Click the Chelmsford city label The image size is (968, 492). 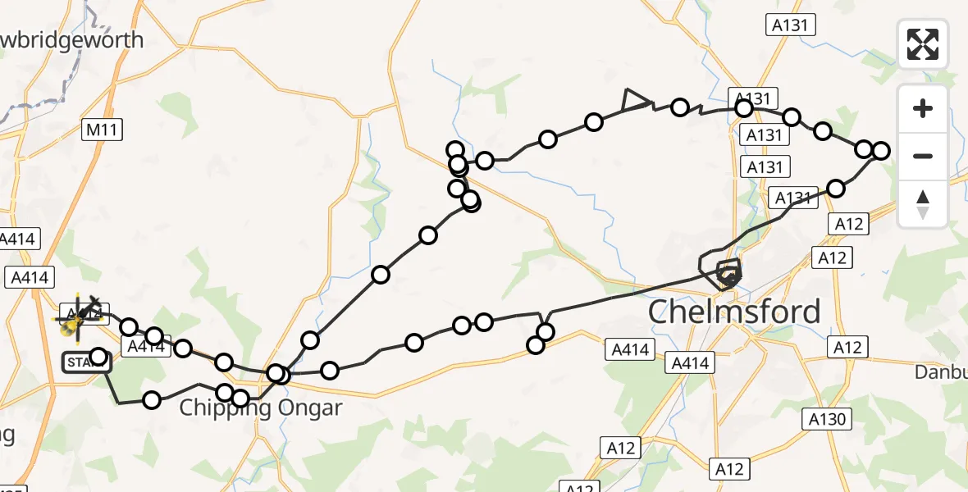point(734,312)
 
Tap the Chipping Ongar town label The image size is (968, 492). point(260,408)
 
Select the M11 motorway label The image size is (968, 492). point(103,129)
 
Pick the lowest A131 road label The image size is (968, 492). point(795,198)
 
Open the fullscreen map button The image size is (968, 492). point(923,44)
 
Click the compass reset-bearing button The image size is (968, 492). point(923,204)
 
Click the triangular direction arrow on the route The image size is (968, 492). point(634,100)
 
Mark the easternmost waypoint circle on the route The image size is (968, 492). point(880,150)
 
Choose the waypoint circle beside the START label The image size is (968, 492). point(98,357)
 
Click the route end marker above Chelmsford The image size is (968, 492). point(728,272)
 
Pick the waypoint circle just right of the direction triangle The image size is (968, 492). point(679,107)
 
